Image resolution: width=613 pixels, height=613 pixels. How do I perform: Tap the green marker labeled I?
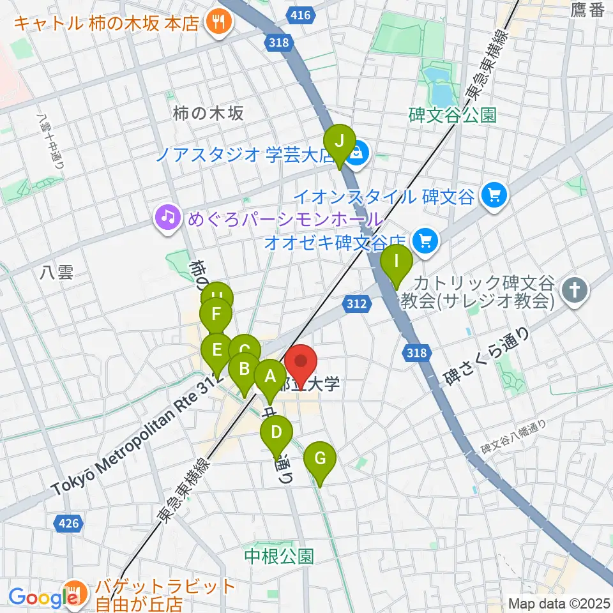coord(397,262)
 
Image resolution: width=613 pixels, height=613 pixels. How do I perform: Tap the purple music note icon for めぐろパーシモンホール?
coord(167,218)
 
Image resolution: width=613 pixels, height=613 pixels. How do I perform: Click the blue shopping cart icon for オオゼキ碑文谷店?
coord(423,241)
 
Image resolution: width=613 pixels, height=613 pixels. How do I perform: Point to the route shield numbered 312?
coord(356,304)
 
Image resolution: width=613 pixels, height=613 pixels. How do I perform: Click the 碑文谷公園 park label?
coord(452,116)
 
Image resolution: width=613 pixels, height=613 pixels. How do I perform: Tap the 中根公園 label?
coord(280,556)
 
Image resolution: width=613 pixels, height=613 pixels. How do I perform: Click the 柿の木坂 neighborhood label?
coord(208,114)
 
